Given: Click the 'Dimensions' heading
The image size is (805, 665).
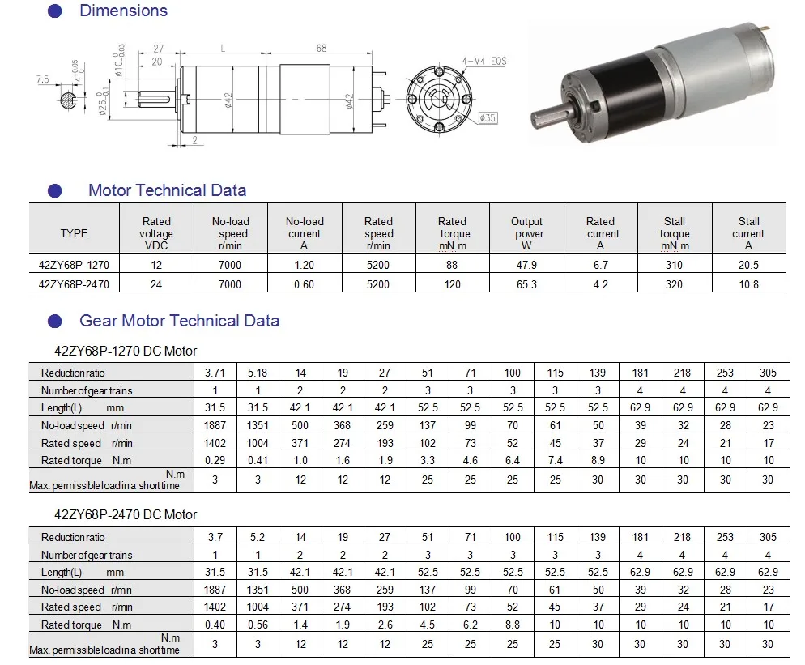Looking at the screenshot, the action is tap(123, 11).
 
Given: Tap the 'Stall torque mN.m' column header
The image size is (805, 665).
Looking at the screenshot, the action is tap(674, 233).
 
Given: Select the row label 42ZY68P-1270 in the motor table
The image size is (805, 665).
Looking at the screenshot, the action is tap(74, 265).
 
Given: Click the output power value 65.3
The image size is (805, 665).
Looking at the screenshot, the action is tap(526, 284).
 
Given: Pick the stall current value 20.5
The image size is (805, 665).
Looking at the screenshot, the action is tap(748, 265).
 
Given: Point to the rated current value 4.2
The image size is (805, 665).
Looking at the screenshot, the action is tap(600, 284).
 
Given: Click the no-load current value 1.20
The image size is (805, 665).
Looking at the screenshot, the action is tap(304, 265).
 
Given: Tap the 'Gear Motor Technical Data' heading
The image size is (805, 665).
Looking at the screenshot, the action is tap(179, 321).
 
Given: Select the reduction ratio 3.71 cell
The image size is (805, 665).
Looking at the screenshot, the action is tap(215, 373).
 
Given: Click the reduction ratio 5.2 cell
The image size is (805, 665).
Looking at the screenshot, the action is tap(258, 537).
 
